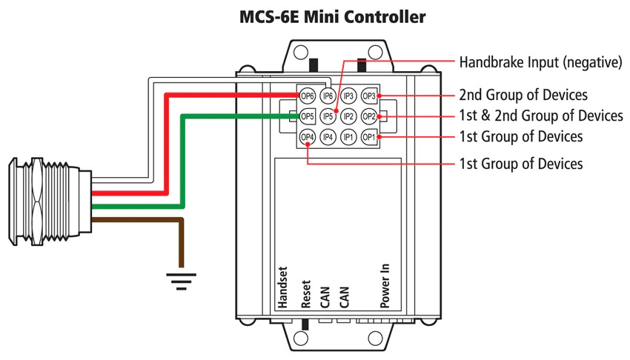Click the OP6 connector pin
coord(307,96)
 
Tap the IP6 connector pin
coord(328,96)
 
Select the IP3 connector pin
coord(348,96)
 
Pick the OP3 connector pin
coord(369,96)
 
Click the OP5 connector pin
coord(307,116)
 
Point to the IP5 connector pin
coord(328,116)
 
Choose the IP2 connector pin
coord(348,116)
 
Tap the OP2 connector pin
coord(369,116)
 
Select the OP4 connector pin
coord(307,137)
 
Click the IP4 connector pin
coord(328,137)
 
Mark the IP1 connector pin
coord(348,137)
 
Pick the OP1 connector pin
coord(369,137)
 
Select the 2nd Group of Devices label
coord(523,95)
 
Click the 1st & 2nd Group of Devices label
coord(541,116)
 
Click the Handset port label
coord(282,287)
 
